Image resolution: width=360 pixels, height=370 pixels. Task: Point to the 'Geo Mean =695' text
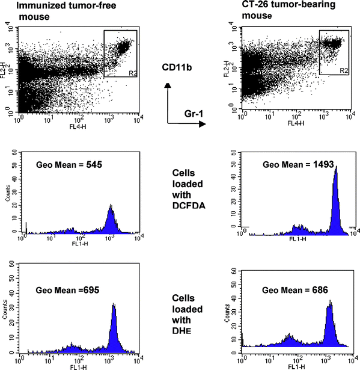(59, 290)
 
